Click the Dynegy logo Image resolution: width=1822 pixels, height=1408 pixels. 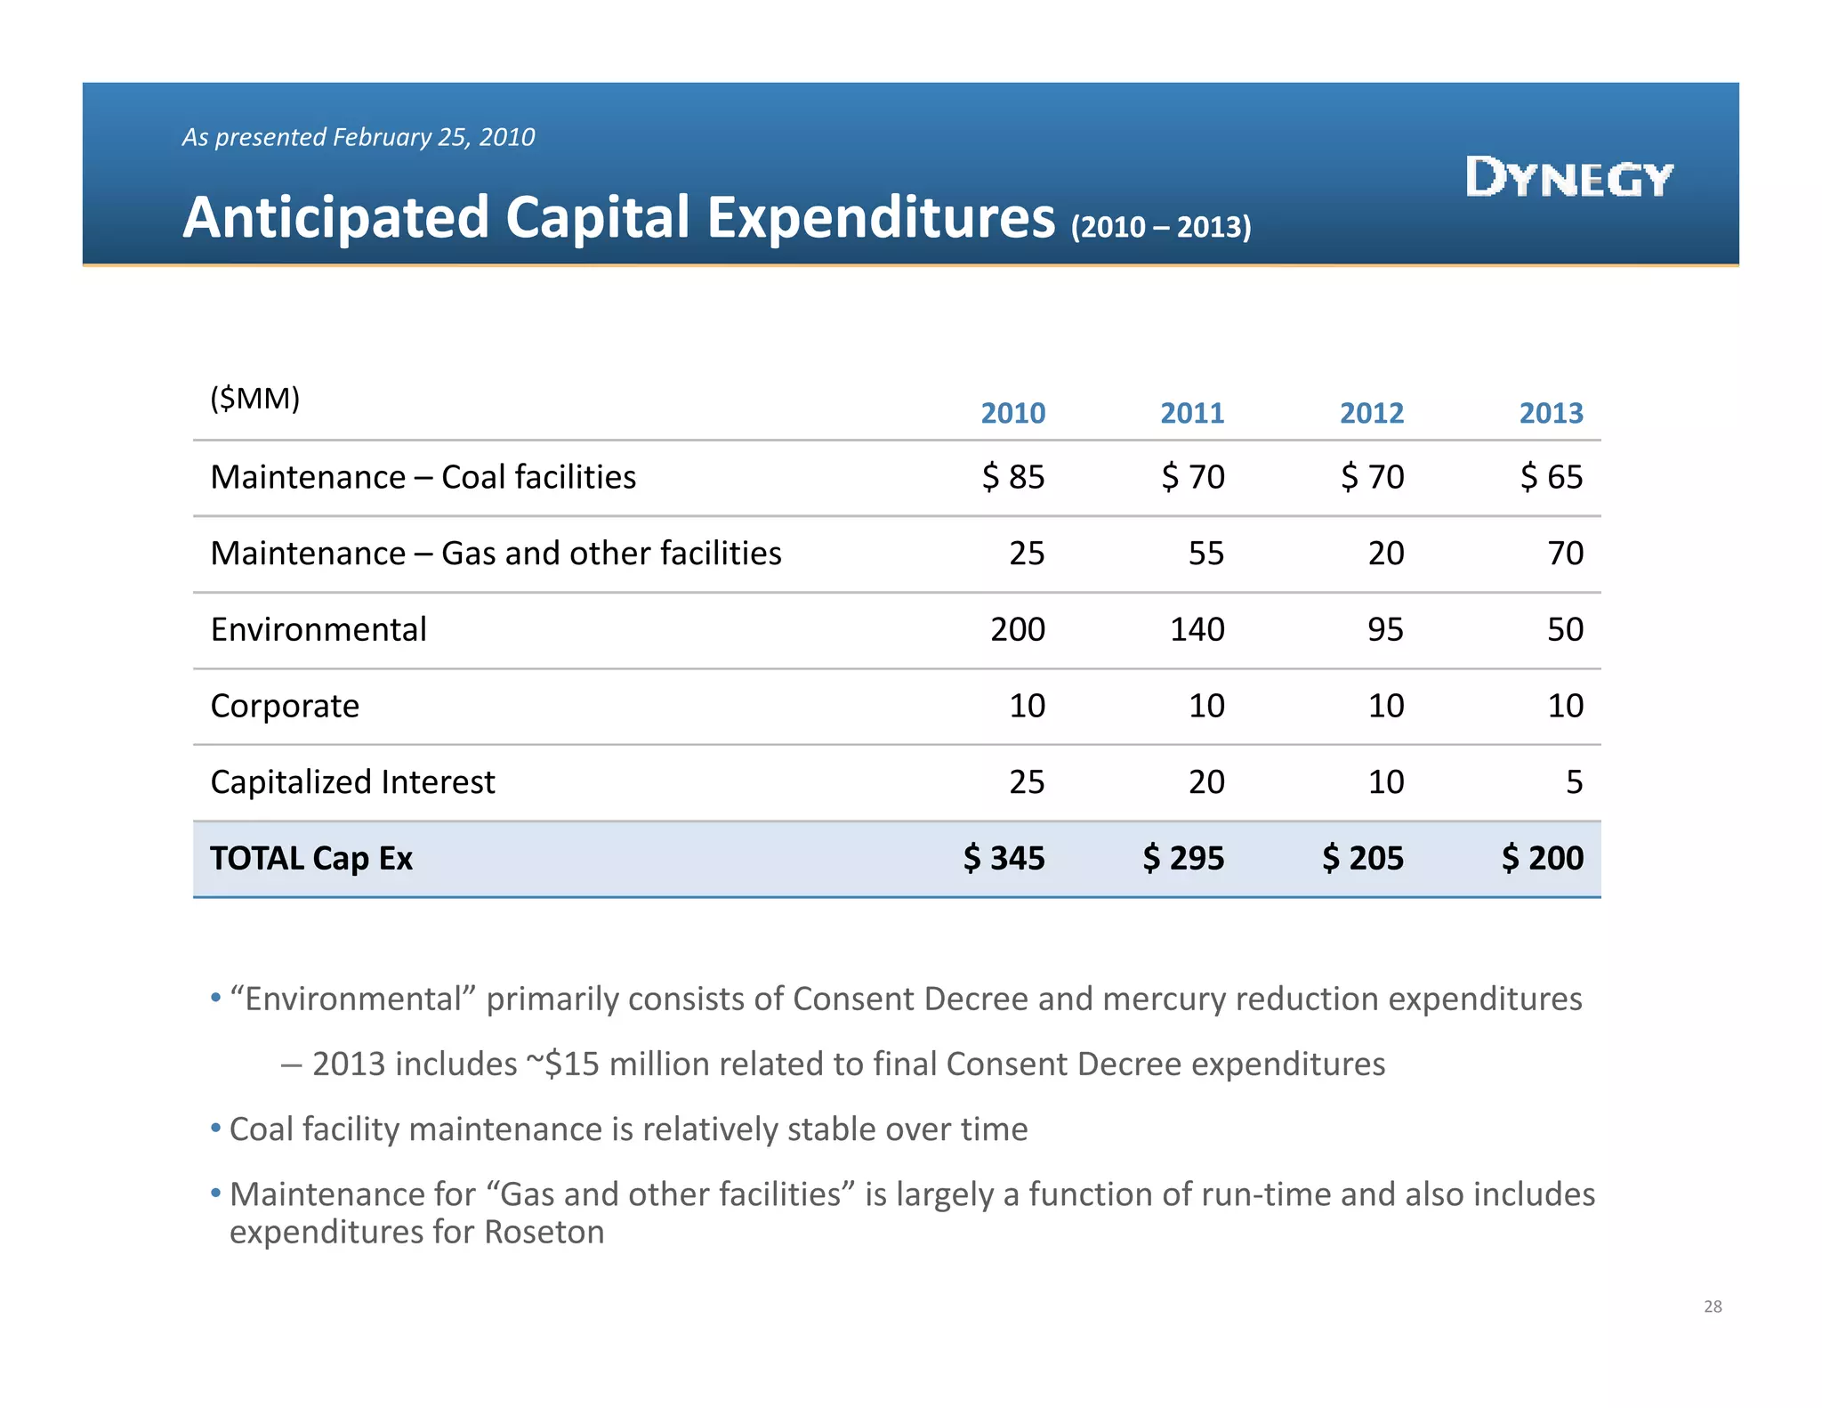[1568, 177]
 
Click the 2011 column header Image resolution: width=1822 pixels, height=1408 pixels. [1192, 413]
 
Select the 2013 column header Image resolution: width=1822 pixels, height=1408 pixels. [1551, 413]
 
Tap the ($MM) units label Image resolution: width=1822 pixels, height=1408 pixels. [254, 398]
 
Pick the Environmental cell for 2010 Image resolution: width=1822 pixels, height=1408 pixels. [1018, 629]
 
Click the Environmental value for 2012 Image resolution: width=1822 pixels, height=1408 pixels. [1385, 629]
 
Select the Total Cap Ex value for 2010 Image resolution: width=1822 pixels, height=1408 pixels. [1004, 858]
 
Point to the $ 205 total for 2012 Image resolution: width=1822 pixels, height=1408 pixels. [1362, 858]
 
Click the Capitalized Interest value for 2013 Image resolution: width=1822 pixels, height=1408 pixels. [1574, 781]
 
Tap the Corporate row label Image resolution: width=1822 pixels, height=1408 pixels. [285, 706]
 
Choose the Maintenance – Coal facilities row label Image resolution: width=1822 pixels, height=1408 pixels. [423, 477]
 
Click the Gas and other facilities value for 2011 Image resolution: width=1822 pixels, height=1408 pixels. [1206, 554]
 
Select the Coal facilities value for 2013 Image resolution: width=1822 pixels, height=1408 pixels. [1552, 477]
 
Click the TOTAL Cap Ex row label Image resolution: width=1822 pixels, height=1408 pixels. [311, 858]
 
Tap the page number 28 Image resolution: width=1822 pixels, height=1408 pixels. [1713, 1307]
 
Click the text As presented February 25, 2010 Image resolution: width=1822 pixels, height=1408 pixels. [358, 137]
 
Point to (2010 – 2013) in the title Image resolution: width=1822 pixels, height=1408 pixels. [1161, 227]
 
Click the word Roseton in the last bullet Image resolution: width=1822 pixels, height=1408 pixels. [544, 1233]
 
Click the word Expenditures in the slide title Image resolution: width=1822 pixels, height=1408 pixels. [881, 218]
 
